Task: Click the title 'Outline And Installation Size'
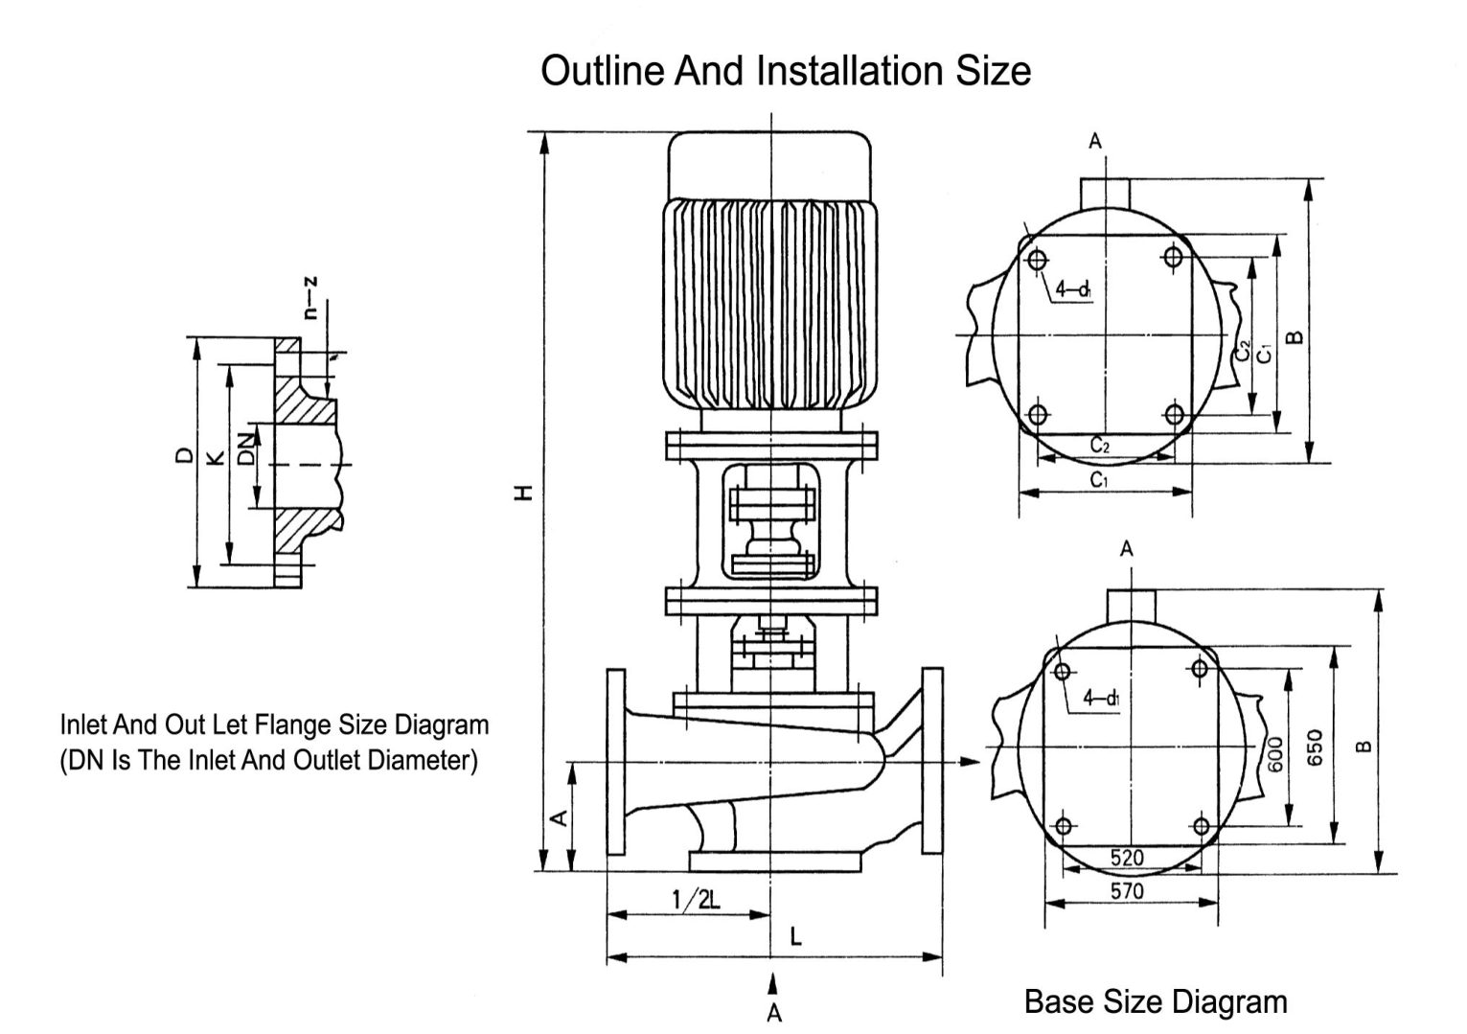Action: [x=786, y=71]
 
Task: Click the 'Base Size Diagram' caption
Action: [x=1156, y=1002]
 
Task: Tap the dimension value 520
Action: [x=1127, y=857]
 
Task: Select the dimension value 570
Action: [x=1127, y=891]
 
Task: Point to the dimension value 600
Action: [x=1274, y=754]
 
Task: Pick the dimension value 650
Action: [x=1316, y=747]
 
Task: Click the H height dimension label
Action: [x=522, y=493]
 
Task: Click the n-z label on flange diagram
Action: [x=309, y=298]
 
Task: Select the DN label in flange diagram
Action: [x=247, y=448]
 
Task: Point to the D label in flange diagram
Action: [x=184, y=456]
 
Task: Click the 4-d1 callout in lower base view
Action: [x=1101, y=698]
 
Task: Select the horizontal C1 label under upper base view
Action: [x=1099, y=480]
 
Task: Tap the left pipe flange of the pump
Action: [x=615, y=762]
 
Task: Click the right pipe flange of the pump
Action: [x=931, y=760]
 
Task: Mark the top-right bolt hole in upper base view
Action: [x=1174, y=257]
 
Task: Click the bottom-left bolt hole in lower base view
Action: [x=1062, y=826]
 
